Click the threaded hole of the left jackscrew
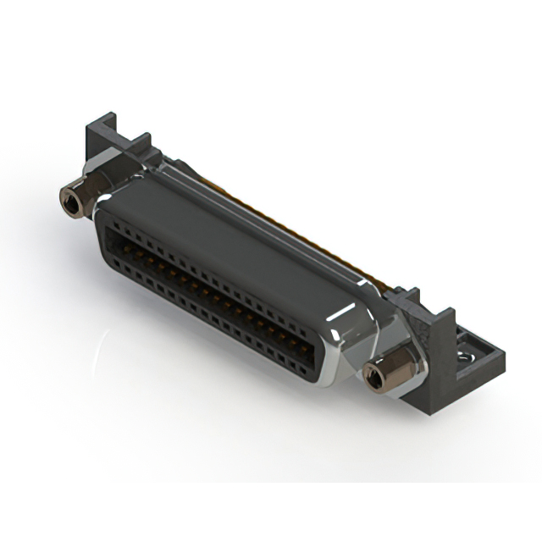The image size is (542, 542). [x=68, y=200]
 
